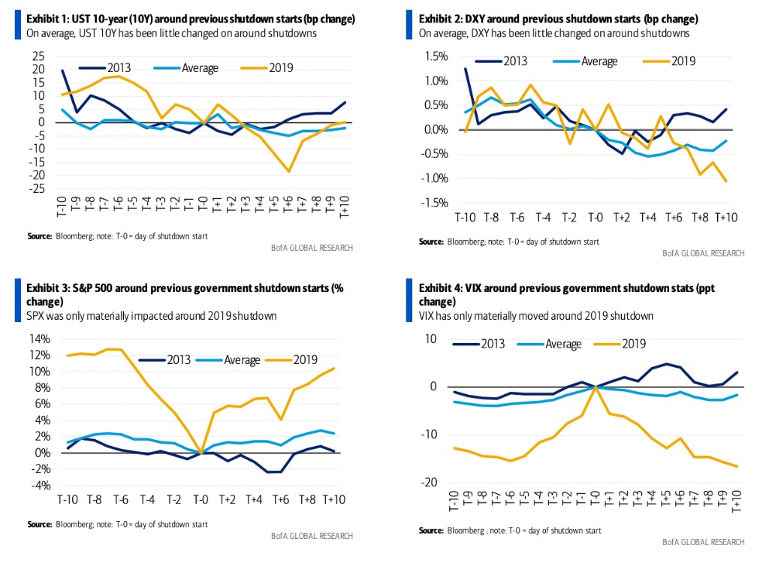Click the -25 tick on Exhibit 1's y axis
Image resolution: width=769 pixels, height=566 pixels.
(x=37, y=189)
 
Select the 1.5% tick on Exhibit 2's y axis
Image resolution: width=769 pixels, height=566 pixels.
(x=436, y=56)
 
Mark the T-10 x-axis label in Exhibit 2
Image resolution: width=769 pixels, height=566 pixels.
(x=466, y=218)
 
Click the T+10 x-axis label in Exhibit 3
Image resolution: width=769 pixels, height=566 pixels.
(x=333, y=501)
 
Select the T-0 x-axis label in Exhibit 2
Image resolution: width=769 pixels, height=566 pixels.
(x=595, y=218)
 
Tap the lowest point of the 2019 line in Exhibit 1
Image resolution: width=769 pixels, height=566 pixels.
(x=288, y=172)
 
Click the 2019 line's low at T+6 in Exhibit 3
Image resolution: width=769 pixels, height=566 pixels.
(x=281, y=420)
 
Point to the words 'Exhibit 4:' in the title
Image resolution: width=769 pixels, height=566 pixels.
(x=442, y=288)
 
